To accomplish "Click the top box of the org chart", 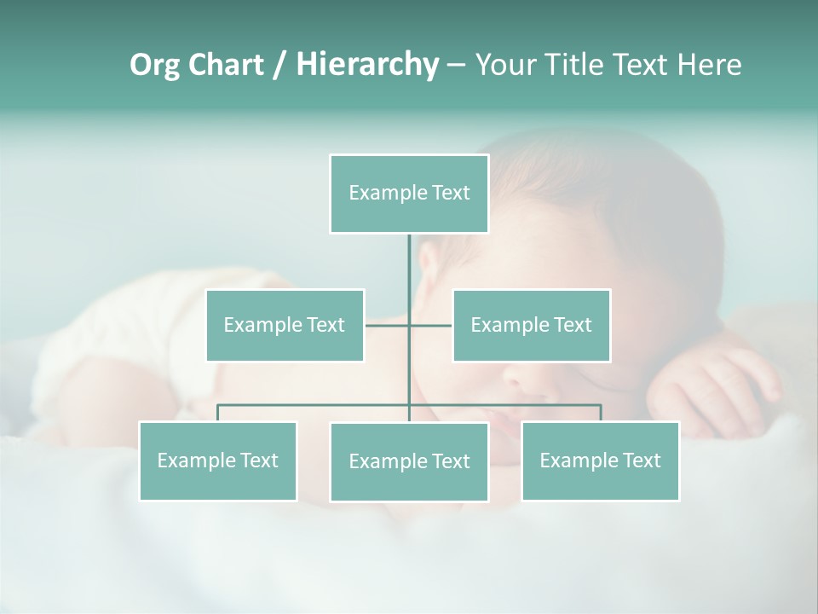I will (409, 194).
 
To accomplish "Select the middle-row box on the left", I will (285, 325).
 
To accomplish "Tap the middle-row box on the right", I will (531, 325).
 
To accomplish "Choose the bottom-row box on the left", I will (217, 460).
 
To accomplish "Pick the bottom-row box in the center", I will (409, 461).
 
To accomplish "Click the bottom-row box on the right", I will (600, 460).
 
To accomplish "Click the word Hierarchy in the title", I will (366, 64).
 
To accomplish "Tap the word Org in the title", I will (154, 64).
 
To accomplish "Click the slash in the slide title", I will (280, 65).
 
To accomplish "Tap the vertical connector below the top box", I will (409, 264).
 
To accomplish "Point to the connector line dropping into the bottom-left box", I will (217, 413).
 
